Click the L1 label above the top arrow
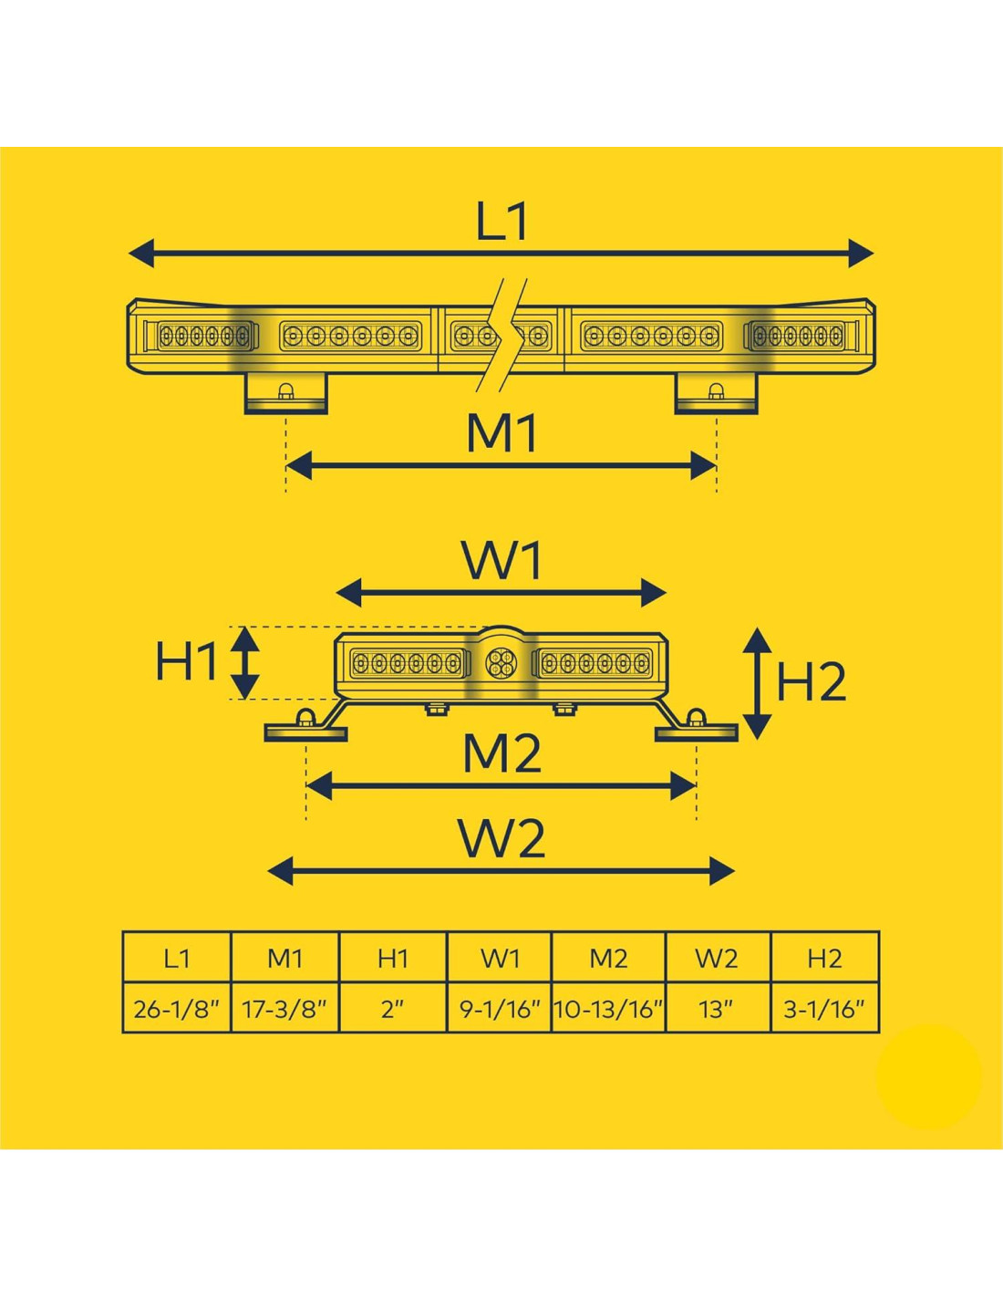point(502,222)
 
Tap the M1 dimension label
point(502,433)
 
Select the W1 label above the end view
point(502,561)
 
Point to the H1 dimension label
point(186,661)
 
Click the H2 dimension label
point(811,681)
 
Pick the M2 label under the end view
point(502,753)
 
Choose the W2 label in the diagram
point(502,839)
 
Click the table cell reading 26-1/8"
point(177,1009)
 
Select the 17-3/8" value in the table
point(284,1009)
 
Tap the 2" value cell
point(393,1009)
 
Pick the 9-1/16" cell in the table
point(500,1009)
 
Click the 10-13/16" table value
point(608,1009)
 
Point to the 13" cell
point(718,1009)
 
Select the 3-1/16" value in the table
point(824,1009)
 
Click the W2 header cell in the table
point(718,958)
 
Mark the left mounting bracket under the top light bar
point(285,393)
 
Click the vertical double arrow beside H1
point(244,662)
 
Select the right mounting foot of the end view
point(697,729)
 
